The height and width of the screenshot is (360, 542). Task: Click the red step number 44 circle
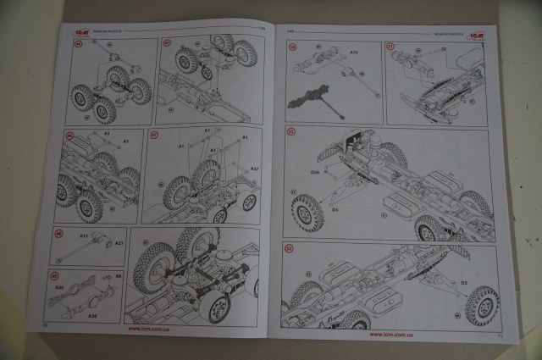80,43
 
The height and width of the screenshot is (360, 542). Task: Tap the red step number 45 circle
166,42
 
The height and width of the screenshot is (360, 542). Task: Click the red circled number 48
59,234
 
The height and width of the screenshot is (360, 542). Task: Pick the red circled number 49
56,276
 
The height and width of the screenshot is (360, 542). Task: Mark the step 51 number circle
390,46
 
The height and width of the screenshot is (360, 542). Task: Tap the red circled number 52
291,133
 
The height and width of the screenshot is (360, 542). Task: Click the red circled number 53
288,248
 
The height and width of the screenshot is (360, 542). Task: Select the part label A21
119,243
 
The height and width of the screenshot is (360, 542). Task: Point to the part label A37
254,169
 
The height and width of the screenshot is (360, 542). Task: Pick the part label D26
314,173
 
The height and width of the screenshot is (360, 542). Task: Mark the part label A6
119,276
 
